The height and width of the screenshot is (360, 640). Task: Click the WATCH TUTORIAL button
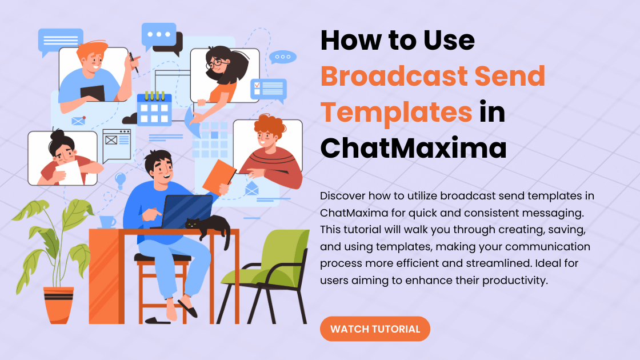coord(375,329)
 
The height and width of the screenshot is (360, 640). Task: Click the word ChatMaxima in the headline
coord(414,148)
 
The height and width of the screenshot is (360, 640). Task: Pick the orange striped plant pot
coord(59,304)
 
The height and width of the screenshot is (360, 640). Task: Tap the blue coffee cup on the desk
coord(107,222)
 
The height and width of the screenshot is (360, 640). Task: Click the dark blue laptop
coord(186,212)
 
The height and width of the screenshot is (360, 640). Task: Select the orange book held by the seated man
coord(219,176)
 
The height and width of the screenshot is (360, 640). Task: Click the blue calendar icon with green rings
coord(154,108)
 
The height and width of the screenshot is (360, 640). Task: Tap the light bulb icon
coord(121,180)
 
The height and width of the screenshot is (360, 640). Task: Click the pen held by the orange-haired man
coord(134,63)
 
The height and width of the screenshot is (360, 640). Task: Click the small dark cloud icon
coord(130,119)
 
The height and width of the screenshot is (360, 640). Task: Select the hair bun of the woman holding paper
coord(57,134)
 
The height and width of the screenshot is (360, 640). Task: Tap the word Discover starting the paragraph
coord(342,196)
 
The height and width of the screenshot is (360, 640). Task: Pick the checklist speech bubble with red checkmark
coord(269,90)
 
